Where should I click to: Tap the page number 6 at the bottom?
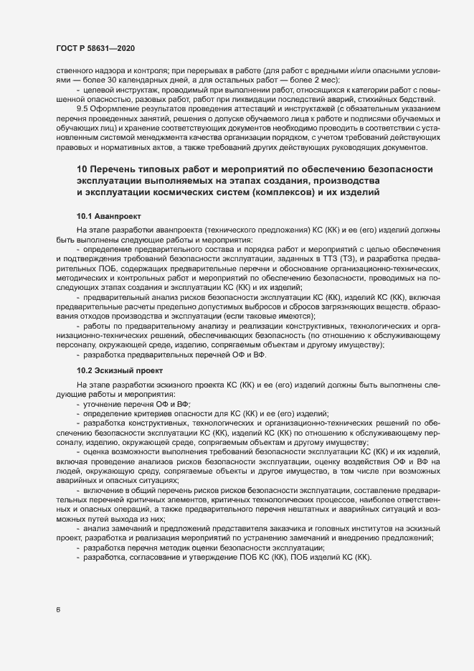(58, 611)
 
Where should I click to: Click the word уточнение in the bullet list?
(105, 404)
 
